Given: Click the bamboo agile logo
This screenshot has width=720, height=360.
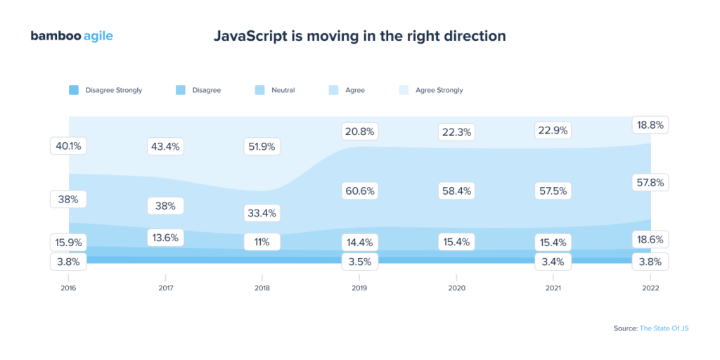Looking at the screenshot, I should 72,36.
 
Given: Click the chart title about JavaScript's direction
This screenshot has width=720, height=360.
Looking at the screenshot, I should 359,36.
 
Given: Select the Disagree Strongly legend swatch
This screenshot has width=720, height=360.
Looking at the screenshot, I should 74,90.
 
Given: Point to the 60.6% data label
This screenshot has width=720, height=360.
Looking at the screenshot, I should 359,191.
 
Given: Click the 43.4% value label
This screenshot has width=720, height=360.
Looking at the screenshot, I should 165,147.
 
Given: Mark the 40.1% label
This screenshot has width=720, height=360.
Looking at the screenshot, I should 68,146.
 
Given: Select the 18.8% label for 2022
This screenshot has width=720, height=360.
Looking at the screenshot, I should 650,126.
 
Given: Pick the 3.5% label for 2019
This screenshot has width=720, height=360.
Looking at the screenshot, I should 359,261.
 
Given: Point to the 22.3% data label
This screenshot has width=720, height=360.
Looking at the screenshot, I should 456,131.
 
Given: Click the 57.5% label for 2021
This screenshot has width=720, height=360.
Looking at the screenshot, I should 553,191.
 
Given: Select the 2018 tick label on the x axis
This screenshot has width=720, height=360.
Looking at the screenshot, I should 262,288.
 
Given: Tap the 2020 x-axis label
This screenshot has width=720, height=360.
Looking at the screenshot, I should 456,288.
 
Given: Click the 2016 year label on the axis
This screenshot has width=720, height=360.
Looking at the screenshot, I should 68,288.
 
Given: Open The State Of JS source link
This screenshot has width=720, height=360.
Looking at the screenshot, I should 664,328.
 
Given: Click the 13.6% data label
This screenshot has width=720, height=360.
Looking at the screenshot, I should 165,238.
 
